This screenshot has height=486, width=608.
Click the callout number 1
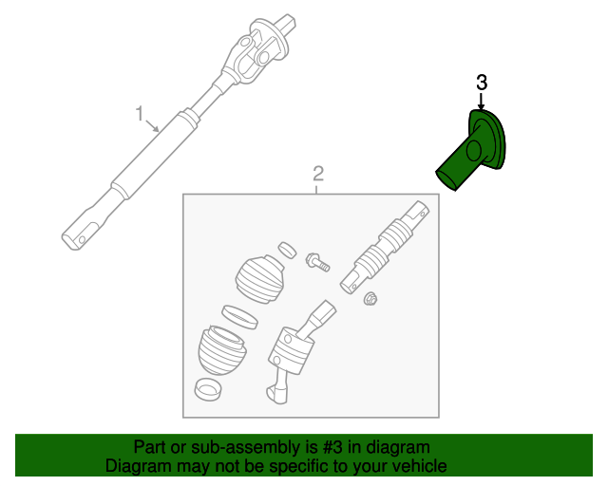pyautogui.click(x=139, y=116)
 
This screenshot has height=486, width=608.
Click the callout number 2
pyautogui.click(x=318, y=173)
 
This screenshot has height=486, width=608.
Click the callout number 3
pyautogui.click(x=482, y=83)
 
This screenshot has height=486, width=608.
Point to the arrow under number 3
pyautogui.click(x=482, y=103)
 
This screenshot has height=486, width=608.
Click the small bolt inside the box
pyautogui.click(x=317, y=261)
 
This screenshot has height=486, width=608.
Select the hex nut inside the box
pyautogui.click(x=371, y=301)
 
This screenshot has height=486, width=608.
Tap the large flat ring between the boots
pyautogui.click(x=237, y=315)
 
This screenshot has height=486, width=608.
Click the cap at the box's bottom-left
pyautogui.click(x=208, y=389)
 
